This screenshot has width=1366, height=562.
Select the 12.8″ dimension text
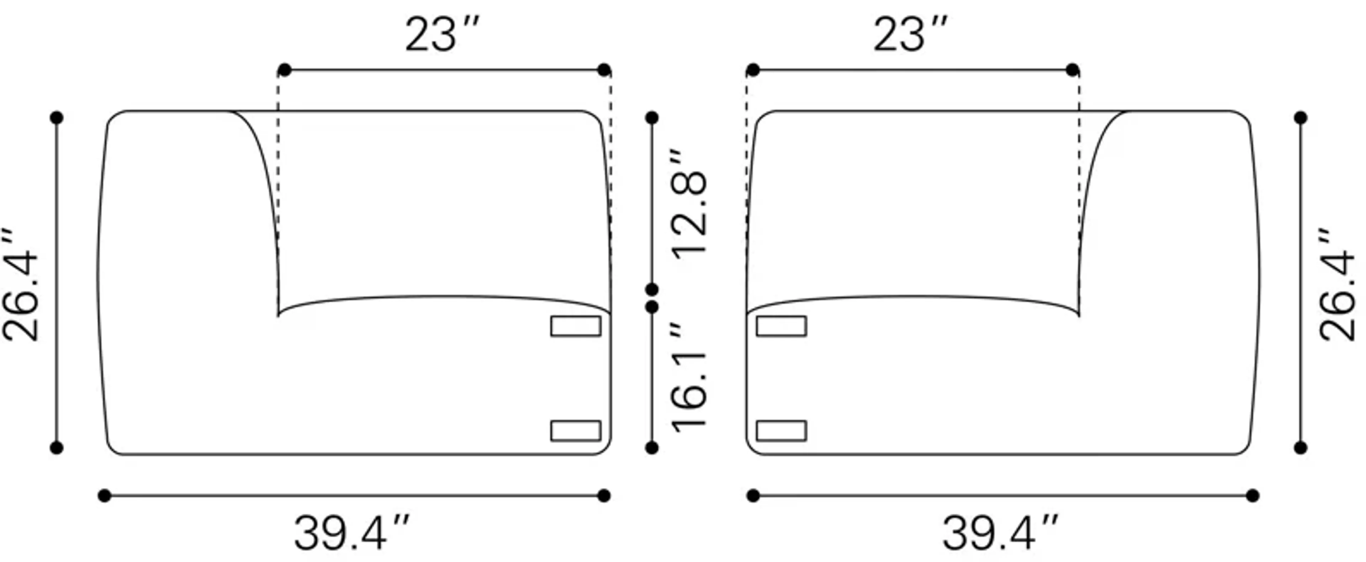689,204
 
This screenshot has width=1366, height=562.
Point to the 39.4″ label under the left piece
351,533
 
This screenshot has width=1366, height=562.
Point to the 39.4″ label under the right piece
1000,533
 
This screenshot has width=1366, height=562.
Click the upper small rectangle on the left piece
575,326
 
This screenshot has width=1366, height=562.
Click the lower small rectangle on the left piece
575,430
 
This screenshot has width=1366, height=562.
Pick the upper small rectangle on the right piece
781,326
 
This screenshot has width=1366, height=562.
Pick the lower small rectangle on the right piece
781,430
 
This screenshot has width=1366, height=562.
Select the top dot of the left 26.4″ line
57,118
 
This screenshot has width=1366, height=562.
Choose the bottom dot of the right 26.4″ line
1300,447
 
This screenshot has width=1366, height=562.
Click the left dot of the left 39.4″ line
105,496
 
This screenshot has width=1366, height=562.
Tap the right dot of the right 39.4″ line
1253,496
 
